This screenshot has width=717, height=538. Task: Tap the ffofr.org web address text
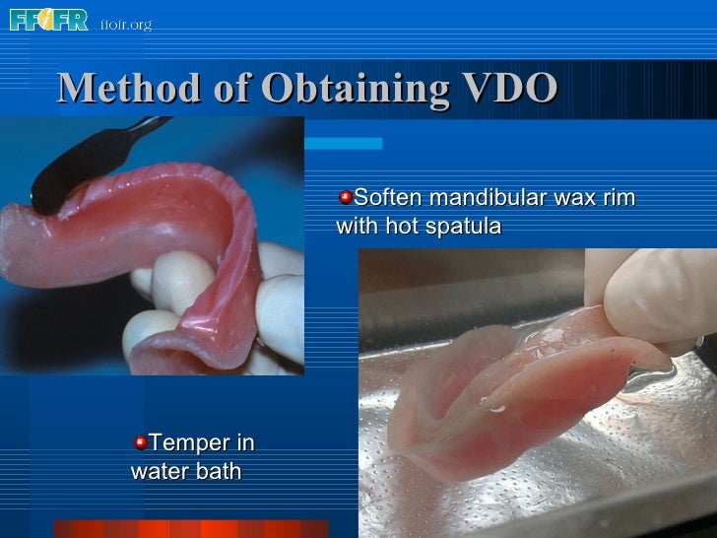coord(126,24)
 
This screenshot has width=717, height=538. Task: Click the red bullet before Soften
coord(344,198)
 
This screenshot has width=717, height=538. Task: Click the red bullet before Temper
coord(141,442)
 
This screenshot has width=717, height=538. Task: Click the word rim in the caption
coord(617,198)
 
